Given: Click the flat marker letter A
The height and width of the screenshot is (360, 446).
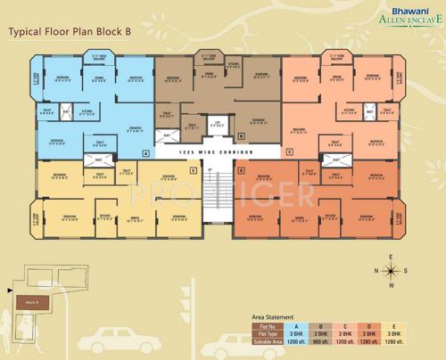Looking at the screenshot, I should [x=145, y=152].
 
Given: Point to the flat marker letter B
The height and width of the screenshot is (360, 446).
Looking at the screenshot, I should [x=241, y=135].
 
